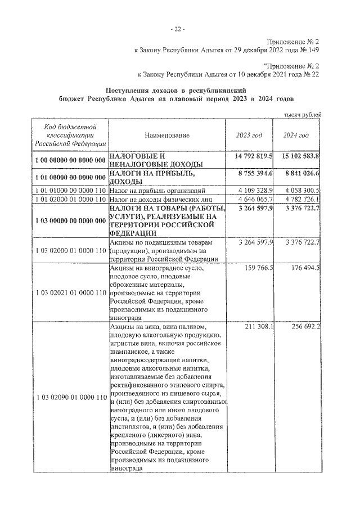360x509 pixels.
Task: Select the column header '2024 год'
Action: pos(296,136)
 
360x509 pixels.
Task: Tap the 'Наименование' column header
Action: pos(167,136)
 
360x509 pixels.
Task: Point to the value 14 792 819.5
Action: pos(252,156)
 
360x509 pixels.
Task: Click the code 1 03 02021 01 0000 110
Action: pos(70,293)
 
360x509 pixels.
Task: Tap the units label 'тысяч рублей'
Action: pos(303,115)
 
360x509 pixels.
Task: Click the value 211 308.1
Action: pos(258,327)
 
